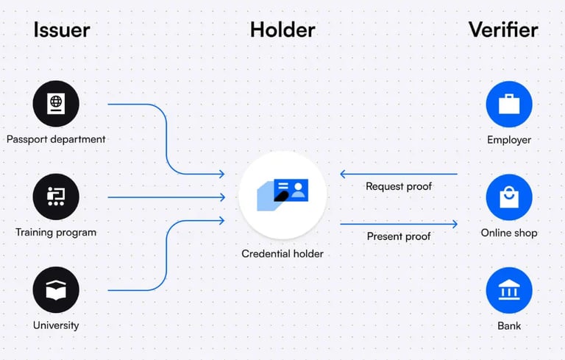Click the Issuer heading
click(x=62, y=30)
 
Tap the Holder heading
click(x=282, y=30)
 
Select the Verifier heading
click(x=503, y=30)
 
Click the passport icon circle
click(x=56, y=103)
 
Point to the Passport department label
click(x=56, y=139)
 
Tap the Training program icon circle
click(x=56, y=197)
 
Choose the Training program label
click(x=56, y=233)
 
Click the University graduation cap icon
click(x=56, y=290)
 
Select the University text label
click(x=56, y=325)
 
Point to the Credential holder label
click(x=282, y=254)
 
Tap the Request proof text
click(x=399, y=186)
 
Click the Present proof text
click(x=399, y=236)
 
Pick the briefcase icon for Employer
click(x=509, y=103)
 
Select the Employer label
click(x=509, y=139)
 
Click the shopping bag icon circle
click(x=509, y=197)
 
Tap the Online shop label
click(x=509, y=233)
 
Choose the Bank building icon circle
click(x=509, y=290)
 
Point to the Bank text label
click(x=509, y=325)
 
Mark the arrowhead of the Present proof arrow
click(x=455, y=224)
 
